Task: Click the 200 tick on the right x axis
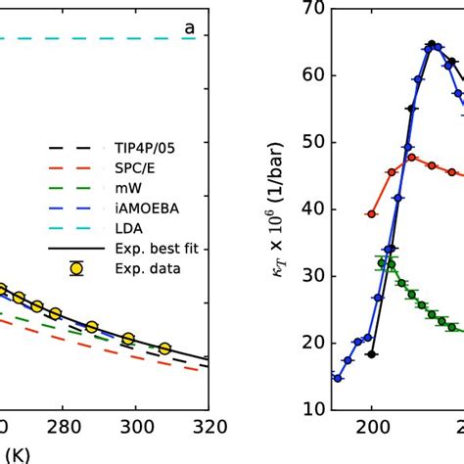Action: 372,427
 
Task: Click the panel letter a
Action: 190,29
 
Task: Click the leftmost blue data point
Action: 338,378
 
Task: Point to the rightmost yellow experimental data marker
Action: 164,348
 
